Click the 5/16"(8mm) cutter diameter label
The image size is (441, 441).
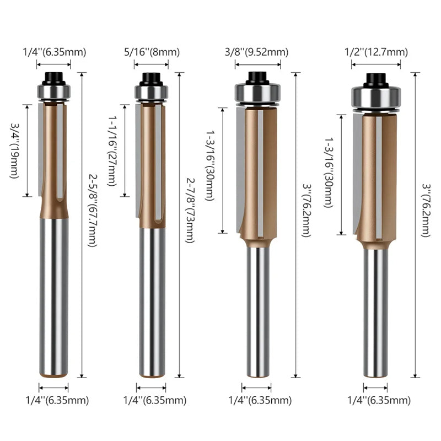click(152, 52)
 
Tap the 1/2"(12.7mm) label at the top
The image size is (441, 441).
click(376, 52)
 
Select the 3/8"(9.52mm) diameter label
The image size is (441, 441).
click(256, 52)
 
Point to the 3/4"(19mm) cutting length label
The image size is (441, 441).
click(15, 150)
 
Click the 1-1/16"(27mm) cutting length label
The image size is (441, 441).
click(112, 150)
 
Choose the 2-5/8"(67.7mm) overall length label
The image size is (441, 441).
click(93, 211)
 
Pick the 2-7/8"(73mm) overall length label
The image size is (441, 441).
click(190, 211)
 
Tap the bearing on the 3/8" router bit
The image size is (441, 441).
click(257, 93)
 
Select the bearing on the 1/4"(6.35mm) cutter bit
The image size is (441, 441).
click(53, 91)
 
